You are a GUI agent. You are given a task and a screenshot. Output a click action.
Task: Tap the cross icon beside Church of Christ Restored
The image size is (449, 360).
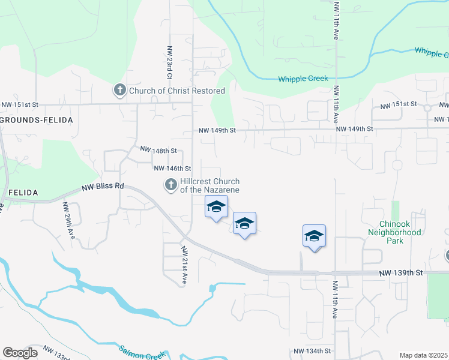pyautogui.click(x=119, y=91)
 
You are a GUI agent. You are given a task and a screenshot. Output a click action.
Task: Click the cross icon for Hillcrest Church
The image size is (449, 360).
pyautogui.click(x=170, y=185)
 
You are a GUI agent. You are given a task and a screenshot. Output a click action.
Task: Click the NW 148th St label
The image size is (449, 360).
pyautogui.click(x=158, y=150)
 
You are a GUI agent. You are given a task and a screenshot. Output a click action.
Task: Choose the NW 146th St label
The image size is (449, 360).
pyautogui.click(x=172, y=169)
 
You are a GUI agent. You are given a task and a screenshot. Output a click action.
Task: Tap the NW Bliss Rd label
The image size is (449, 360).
pyautogui.click(x=103, y=187)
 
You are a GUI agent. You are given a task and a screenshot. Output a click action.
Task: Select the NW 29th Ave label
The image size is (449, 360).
pyautogui.click(x=68, y=220)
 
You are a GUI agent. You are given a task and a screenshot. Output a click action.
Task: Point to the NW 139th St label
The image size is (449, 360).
pyautogui.click(x=401, y=273)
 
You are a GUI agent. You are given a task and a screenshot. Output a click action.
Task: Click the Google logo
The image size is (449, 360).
pyautogui.click(x=20, y=353)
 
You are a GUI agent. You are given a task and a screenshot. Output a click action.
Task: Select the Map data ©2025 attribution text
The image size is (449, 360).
pyautogui.click(x=424, y=355)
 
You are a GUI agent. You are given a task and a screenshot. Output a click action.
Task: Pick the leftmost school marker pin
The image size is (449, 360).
pyautogui.click(x=216, y=208)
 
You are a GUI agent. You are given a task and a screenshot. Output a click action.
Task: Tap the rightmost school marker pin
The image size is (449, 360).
pyautogui.click(x=314, y=236)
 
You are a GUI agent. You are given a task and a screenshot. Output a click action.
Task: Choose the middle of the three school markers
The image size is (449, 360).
pyautogui.click(x=244, y=224)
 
